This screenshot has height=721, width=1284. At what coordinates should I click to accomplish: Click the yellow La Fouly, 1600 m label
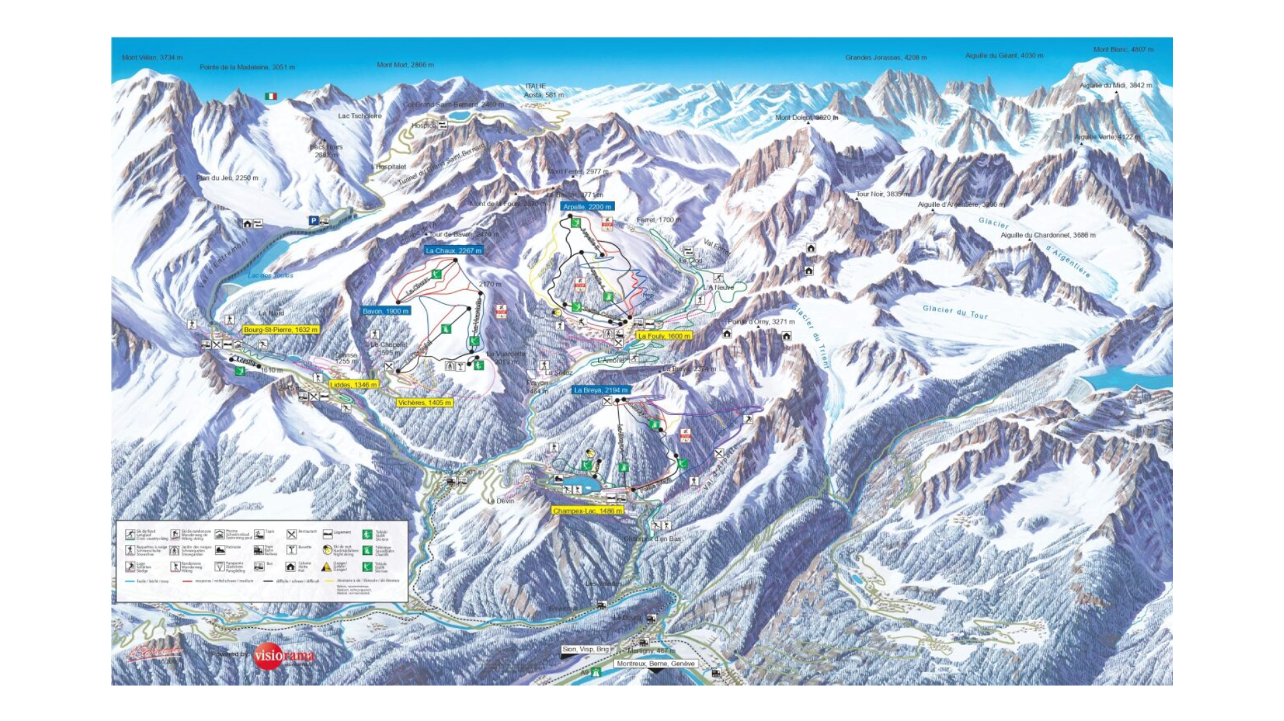coord(663,336)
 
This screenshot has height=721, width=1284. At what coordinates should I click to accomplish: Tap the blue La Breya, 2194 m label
coord(600,390)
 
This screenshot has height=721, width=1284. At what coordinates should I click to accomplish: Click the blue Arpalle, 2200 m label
coord(587,207)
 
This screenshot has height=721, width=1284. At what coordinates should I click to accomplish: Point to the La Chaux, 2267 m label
coord(453,250)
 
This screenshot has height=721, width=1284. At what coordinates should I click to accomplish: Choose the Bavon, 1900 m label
coord(385,311)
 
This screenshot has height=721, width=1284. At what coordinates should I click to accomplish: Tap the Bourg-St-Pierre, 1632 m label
coord(281,329)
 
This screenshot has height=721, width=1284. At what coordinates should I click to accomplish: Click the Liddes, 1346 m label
coord(354,385)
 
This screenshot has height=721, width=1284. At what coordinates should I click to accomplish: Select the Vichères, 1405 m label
coord(424,402)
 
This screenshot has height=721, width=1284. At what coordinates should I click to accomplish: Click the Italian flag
coord(271,96)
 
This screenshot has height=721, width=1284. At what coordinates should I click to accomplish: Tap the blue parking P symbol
coord(313,221)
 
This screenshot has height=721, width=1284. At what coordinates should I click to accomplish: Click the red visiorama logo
coord(283,656)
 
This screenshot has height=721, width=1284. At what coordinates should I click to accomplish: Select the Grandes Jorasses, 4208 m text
coord(885,58)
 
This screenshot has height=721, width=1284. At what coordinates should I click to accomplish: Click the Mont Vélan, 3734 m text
coord(152,58)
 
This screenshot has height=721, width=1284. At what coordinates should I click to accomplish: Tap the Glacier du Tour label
coord(954,312)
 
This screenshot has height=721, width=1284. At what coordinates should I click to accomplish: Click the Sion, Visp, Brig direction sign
coord(585,649)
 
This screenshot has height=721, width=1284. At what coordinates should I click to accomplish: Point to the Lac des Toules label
coord(271,275)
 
